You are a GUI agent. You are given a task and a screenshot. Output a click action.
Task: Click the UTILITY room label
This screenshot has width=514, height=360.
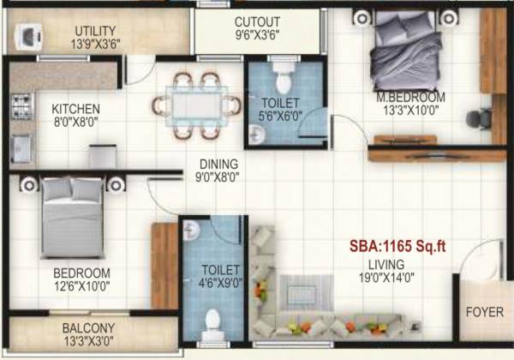point(94,31)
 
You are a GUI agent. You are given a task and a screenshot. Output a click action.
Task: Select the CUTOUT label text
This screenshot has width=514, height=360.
point(257,22)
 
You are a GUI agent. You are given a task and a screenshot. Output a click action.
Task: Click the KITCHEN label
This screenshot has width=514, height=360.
point(76,109)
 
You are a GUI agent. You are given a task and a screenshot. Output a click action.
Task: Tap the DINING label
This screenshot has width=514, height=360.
point(218,164)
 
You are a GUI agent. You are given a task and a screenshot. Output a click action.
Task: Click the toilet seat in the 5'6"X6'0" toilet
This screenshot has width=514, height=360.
point(284,78)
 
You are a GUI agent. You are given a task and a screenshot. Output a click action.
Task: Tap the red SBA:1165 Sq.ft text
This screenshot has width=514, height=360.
point(397,246)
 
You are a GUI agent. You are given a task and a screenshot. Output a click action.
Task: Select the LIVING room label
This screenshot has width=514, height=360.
point(382,264)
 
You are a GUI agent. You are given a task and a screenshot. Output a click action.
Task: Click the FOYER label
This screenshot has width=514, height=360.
point(484,312)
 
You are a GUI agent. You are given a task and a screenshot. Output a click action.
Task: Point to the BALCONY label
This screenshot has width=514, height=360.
point(88,327)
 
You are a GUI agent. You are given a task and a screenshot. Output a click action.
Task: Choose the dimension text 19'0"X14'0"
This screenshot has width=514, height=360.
point(382,278)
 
